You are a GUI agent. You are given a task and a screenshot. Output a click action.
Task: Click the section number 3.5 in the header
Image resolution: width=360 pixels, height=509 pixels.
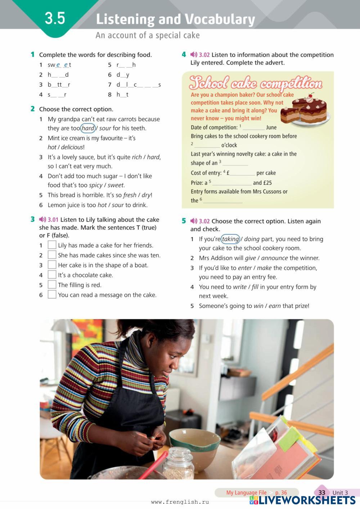click(x=55, y=19)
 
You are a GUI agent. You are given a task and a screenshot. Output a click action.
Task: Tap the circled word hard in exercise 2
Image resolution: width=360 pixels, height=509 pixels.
click(x=88, y=128)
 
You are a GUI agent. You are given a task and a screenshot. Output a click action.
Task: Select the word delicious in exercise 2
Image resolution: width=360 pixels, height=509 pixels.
click(x=72, y=147)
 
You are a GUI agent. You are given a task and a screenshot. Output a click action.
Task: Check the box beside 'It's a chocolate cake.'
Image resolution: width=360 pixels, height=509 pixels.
click(x=52, y=274)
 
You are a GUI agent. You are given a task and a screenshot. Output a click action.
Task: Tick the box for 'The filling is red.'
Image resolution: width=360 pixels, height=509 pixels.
click(x=52, y=285)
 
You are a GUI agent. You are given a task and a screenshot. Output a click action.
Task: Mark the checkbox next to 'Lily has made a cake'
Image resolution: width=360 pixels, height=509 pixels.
click(x=52, y=245)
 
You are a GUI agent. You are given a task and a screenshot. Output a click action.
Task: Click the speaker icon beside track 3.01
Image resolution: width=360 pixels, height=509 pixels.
click(x=42, y=219)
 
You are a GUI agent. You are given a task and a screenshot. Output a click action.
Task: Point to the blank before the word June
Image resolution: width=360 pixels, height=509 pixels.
click(x=254, y=128)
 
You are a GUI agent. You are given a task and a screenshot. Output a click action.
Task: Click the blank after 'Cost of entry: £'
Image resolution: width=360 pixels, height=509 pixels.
click(x=242, y=174)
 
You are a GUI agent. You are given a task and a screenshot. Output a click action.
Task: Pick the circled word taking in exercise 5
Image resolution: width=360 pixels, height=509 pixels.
click(x=230, y=239)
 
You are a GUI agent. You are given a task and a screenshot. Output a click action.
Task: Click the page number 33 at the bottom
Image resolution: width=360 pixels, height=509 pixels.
click(x=321, y=492)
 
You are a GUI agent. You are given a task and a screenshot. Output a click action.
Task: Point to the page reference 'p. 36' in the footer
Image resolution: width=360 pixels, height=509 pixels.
click(x=281, y=492)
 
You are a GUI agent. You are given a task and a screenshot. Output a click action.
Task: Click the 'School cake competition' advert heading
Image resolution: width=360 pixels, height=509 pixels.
click(x=256, y=83)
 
